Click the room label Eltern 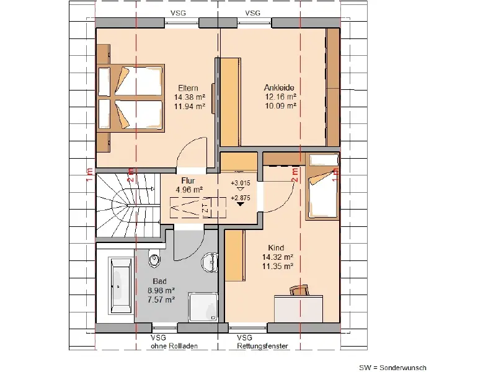click(188, 88)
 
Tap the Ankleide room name click(279, 87)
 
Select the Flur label click(188, 180)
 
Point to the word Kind click(276, 247)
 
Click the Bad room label click(160, 281)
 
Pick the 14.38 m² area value click(190, 97)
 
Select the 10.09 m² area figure click(281, 105)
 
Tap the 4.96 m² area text click(189, 190)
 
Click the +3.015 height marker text click(241, 183)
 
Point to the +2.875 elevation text click(241, 198)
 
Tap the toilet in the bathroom click(154, 259)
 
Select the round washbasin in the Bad click(210, 262)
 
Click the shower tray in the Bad click(203, 308)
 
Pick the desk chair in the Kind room click(299, 290)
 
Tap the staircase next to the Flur click(128, 205)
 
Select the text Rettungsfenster click(262, 346)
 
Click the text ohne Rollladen click(174, 346)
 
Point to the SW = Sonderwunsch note click(392, 368)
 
